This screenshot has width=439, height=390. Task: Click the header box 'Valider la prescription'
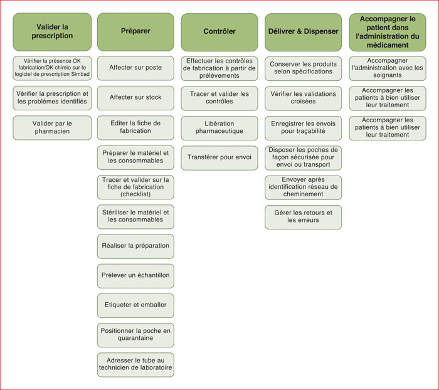point(52,31)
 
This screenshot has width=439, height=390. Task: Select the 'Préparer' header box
point(135,31)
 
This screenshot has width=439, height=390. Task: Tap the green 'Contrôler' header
point(219,32)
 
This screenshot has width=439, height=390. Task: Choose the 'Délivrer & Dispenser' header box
point(303,32)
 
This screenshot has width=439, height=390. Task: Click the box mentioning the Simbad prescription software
point(52,68)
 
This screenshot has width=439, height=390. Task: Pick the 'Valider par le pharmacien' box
point(52,128)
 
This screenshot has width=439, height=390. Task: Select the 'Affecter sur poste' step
point(135,68)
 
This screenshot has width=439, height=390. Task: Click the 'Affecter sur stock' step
point(135,98)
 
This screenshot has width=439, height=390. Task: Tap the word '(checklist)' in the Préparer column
point(135,194)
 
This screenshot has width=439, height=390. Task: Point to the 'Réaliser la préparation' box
point(135,246)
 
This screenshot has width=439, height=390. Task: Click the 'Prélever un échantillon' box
point(135,276)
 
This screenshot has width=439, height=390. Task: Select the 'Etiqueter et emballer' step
point(135,305)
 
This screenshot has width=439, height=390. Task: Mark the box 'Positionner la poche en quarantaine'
point(135,335)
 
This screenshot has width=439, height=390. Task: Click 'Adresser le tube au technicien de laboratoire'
point(135,364)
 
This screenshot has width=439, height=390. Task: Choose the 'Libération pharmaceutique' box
point(219,128)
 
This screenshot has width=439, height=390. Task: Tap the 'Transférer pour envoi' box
point(219,157)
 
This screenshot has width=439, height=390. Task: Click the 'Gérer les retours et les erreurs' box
point(303,217)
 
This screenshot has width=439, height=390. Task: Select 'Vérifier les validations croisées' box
point(303,98)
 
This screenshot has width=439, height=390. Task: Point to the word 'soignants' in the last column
point(388,75)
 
